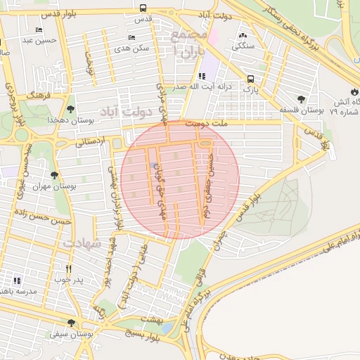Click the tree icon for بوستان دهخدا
tap(71, 108)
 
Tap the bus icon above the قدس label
tap(143, 8)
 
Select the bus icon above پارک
tap(251, 79)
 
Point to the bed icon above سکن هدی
tap(131, 37)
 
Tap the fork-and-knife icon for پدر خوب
tap(68, 269)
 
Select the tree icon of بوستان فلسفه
tap(302, 99)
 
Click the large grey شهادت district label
tap(83, 242)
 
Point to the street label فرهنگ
tap(36, 93)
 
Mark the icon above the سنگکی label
tap(243, 35)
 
